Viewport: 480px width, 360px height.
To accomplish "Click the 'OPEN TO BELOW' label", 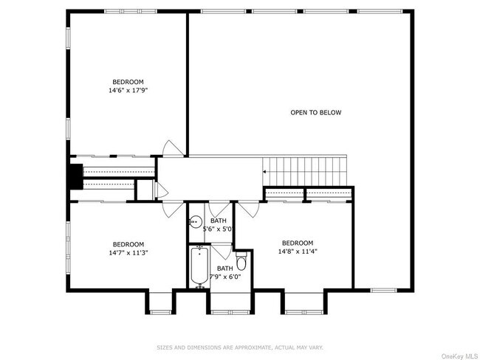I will tap(315, 113).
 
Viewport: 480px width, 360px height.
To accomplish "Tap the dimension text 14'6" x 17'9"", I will tap(128, 90).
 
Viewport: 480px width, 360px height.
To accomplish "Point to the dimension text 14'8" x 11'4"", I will tap(297, 252).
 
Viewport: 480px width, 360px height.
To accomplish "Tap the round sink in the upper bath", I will tap(196, 221).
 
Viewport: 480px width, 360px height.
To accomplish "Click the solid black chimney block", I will tap(75, 177).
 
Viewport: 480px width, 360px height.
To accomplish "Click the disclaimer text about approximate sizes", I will tap(239, 346).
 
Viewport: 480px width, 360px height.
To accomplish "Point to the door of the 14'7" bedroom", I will tap(172, 207).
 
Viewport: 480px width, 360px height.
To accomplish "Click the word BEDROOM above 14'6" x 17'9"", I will tap(128, 81).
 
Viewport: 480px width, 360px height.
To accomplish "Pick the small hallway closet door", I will tap(158, 190).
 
